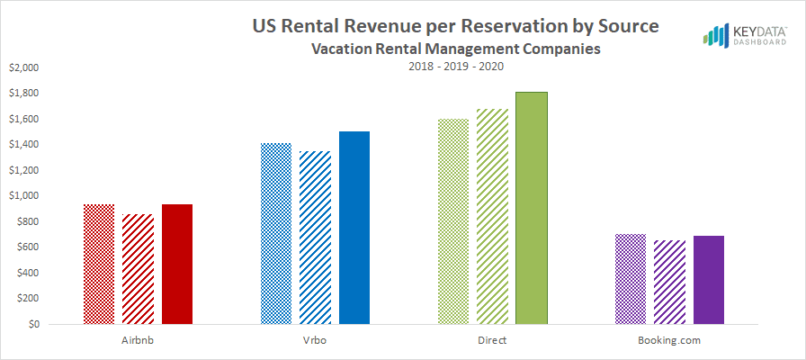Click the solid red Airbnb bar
coord(177,264)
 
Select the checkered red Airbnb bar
coord(99,264)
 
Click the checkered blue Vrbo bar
coord(276,233)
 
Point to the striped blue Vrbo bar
coord(315,238)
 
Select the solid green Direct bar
coord(532,208)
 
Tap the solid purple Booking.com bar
coord(709,280)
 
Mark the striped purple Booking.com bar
coord(669,282)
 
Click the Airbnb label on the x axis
coord(138,341)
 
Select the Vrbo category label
coord(315,341)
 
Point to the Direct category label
coord(492,341)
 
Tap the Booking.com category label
coord(669,341)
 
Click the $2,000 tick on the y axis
coord(24,67)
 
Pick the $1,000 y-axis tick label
coord(24,196)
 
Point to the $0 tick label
coord(32,325)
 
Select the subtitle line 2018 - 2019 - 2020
coord(455,67)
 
